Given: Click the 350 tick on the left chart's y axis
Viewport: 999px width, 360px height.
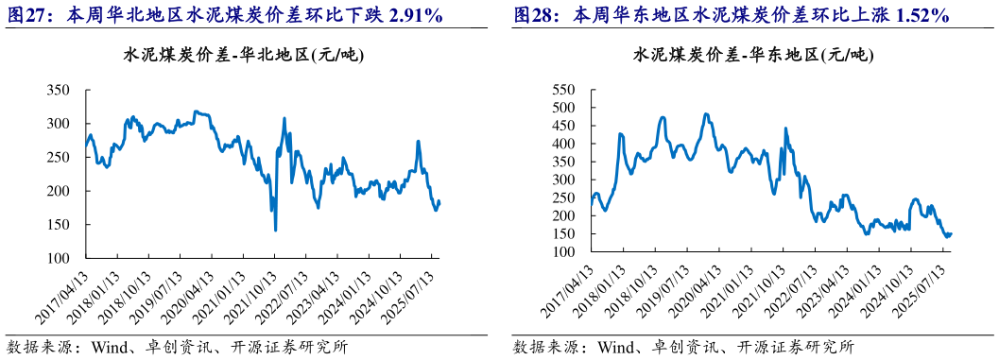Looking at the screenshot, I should [58, 91].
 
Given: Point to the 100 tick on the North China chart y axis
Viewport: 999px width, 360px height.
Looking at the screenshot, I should [58, 258].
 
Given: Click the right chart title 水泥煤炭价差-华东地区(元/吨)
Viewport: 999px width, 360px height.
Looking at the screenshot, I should [752, 56].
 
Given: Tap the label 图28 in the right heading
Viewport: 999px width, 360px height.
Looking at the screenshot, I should [531, 16].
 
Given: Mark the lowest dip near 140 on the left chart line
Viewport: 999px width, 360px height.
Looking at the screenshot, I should [275, 230].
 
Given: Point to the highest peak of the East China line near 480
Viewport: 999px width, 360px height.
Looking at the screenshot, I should [706, 114].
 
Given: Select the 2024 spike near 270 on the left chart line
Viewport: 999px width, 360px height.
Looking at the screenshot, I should [419, 142].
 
